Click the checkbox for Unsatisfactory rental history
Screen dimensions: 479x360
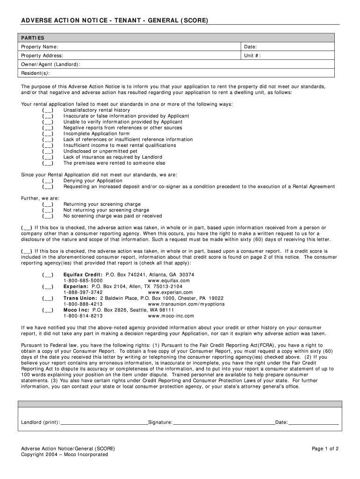click(48, 110)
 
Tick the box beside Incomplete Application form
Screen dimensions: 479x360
click(48, 134)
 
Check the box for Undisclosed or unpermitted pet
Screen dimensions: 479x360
click(48, 152)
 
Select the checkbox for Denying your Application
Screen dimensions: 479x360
click(48, 181)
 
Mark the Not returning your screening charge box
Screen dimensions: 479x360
click(48, 210)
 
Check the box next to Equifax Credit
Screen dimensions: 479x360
click(48, 275)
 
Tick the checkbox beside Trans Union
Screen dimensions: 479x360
click(48, 298)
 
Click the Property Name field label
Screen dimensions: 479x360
click(40, 47)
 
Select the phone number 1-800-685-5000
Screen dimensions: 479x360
click(83, 281)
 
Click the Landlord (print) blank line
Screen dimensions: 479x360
click(104, 422)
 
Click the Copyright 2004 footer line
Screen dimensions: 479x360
click(65, 455)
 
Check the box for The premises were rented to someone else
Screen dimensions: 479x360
click(48, 163)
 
